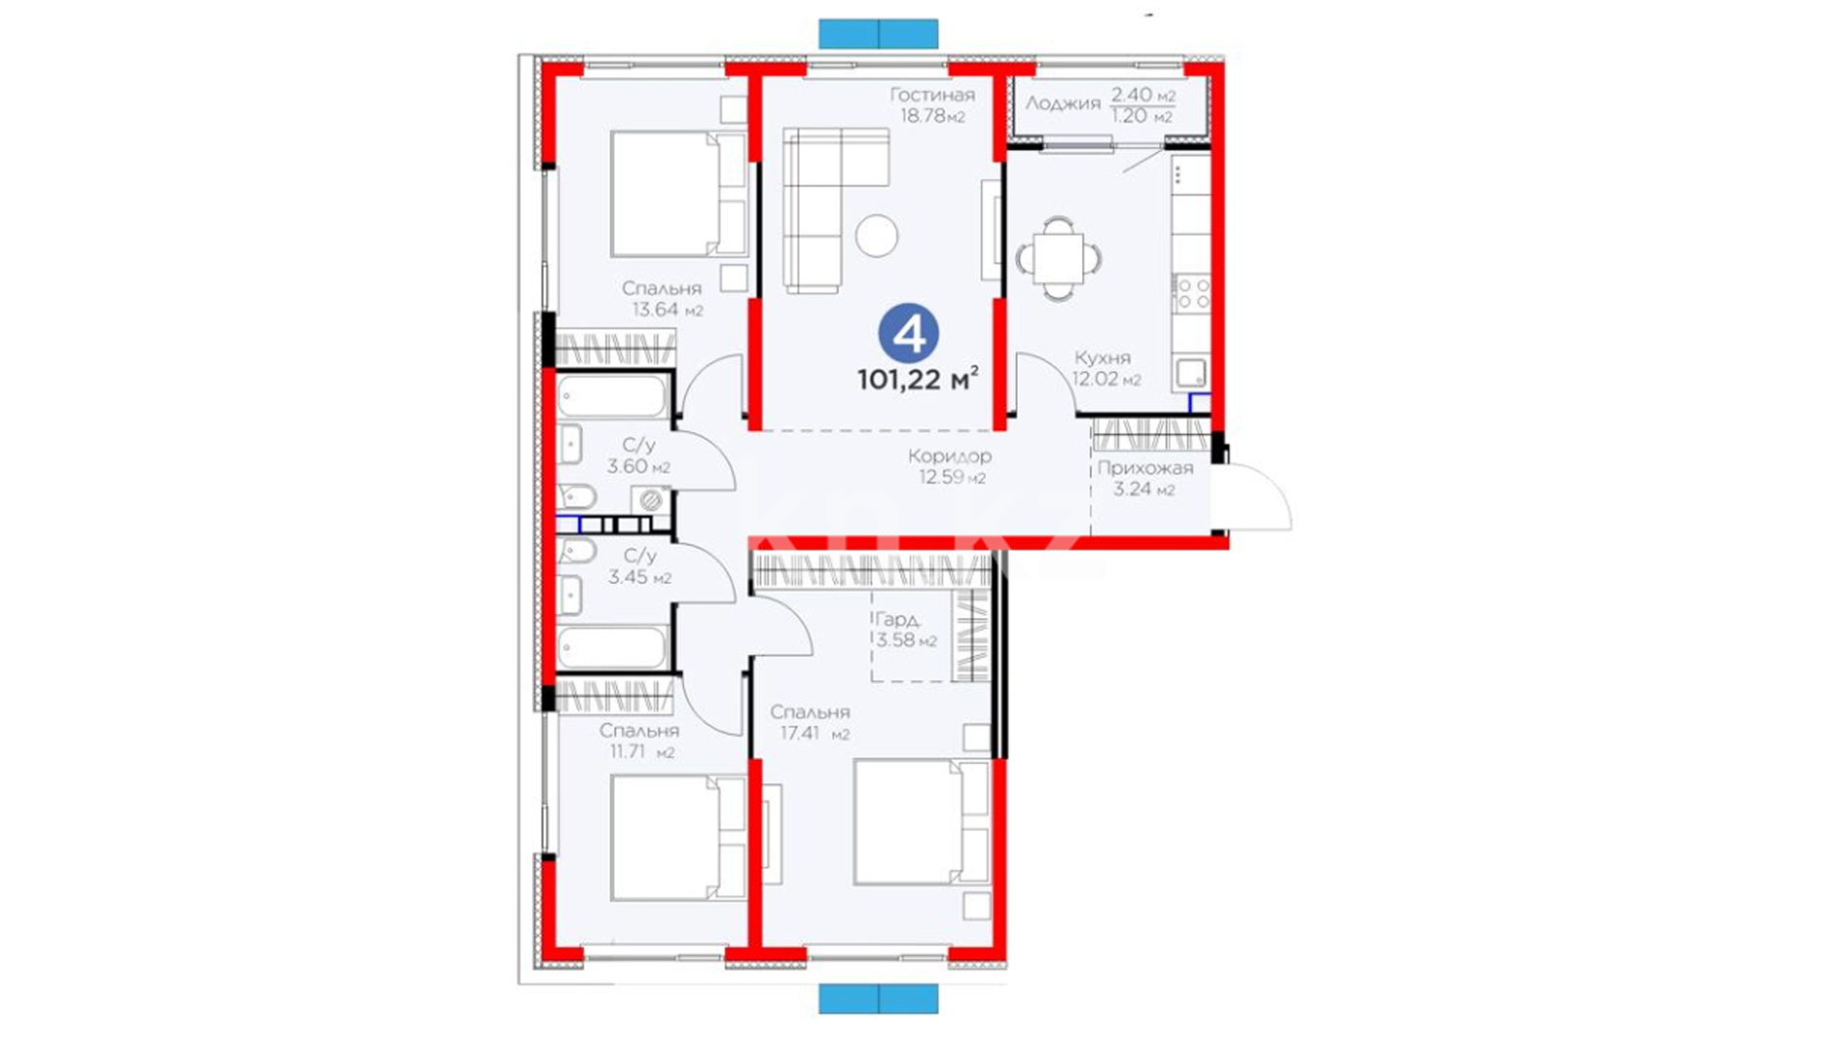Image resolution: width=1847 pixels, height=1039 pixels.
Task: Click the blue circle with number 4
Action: click(908, 334)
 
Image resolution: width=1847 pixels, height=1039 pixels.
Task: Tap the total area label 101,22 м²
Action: click(919, 379)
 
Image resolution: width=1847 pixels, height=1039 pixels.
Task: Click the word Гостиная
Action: click(932, 94)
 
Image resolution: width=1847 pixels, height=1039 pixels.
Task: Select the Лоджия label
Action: click(1062, 104)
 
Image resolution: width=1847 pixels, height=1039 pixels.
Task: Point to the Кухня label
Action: click(1102, 358)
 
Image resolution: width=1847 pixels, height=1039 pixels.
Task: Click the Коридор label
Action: click(949, 456)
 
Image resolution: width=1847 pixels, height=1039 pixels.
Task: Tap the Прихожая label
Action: click(1145, 469)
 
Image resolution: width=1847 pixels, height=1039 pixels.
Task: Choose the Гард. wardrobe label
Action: click(898, 621)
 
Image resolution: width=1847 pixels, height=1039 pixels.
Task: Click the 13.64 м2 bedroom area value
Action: click(668, 310)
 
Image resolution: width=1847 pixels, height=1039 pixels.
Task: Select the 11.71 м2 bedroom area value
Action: click(643, 751)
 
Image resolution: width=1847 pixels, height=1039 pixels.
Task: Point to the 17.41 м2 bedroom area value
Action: click(815, 733)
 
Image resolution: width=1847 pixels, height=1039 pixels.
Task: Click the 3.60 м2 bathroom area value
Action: click(639, 467)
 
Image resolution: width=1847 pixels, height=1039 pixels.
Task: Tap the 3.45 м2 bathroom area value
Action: click(640, 577)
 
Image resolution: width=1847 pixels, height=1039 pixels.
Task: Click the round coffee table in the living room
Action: click(876, 235)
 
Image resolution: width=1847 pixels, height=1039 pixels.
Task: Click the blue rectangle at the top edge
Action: click(878, 34)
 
